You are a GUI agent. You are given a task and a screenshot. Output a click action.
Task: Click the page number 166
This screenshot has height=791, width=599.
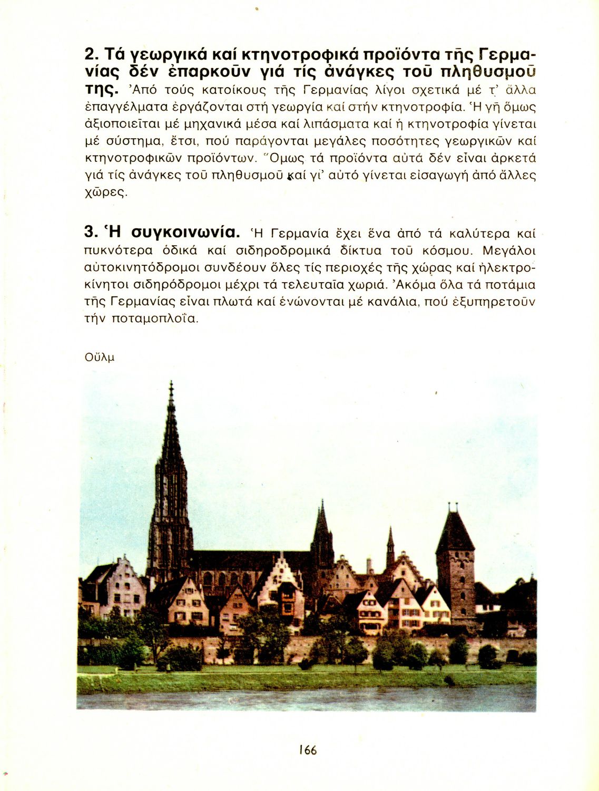[x=308, y=749]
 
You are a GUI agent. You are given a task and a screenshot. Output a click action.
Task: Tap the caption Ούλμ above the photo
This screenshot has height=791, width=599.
[x=99, y=357]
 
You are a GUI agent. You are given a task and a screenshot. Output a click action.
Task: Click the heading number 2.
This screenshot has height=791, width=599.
[x=91, y=54]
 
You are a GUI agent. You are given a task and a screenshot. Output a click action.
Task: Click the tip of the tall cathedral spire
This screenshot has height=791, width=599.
[x=171, y=383]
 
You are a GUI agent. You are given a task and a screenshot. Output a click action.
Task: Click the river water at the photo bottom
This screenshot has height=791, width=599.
[x=306, y=699]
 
